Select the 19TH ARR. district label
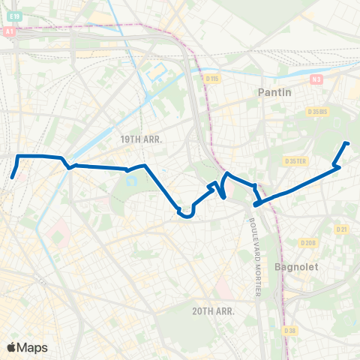[141, 139]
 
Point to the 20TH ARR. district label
[213, 310]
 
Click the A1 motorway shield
[9, 32]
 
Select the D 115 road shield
[212, 77]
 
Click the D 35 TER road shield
[296, 161]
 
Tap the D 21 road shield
[343, 229]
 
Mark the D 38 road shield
[289, 330]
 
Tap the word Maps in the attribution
[32, 347]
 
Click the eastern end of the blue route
[346, 142]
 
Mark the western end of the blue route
[13, 178]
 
